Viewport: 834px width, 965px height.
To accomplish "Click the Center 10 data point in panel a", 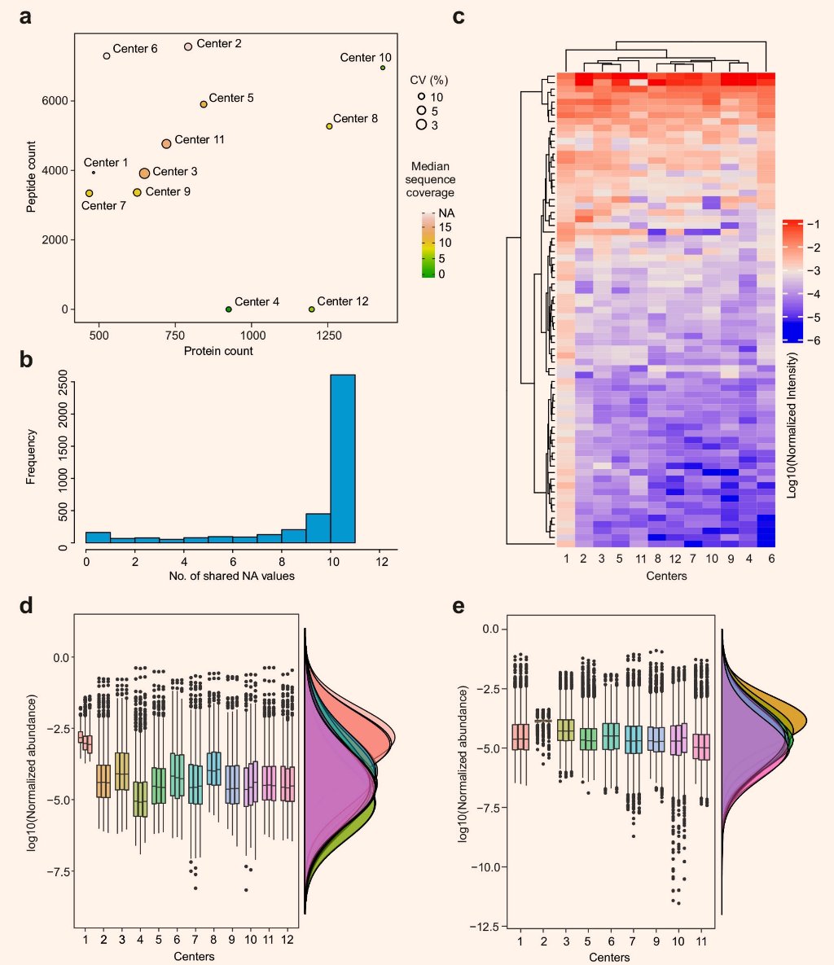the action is tap(383, 68).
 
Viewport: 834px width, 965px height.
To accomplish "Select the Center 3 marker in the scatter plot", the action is tap(145, 173).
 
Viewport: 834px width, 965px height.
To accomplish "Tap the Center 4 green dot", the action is tap(228, 309).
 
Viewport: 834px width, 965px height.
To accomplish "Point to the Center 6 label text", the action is tap(135, 49).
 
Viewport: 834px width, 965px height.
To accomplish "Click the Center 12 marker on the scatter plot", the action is tap(311, 309).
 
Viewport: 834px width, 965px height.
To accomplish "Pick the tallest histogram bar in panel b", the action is tap(343, 458).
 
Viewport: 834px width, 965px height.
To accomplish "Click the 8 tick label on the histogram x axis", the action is tap(282, 561).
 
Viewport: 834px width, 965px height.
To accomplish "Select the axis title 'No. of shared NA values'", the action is tap(231, 576).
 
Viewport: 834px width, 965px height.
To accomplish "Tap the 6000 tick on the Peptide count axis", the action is tap(55, 101).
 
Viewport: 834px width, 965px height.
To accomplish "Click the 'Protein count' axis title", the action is tap(218, 351).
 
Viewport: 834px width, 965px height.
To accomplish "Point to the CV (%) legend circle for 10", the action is tap(422, 96).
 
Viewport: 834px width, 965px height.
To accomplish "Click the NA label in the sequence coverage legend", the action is tap(446, 213).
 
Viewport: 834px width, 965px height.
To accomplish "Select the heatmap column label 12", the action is tap(675, 559).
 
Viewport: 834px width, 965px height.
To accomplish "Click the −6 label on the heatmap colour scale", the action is tap(813, 340).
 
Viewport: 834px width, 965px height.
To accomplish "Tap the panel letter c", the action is tap(458, 16).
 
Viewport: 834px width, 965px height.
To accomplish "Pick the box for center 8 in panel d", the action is tap(213, 768).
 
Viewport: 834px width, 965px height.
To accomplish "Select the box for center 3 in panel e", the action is tap(566, 730).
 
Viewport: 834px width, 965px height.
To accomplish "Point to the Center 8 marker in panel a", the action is tap(329, 126).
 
